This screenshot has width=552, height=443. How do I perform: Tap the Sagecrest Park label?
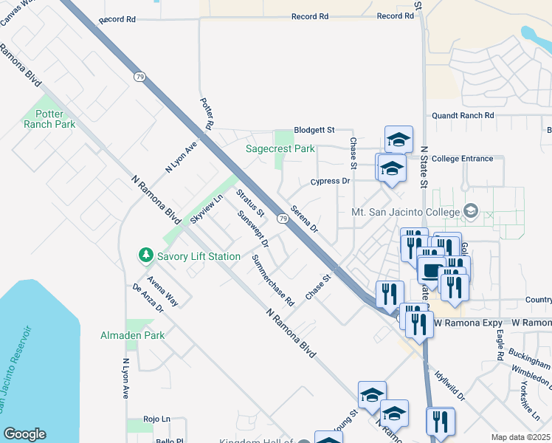click(280, 148)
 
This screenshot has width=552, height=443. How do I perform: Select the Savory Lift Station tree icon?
click(146, 255)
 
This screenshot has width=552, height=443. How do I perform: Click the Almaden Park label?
click(132, 335)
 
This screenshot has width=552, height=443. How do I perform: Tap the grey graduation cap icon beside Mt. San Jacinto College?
click(469, 213)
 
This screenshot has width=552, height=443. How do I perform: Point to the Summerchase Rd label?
click(272, 281)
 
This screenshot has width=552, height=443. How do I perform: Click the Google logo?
click(24, 434)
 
